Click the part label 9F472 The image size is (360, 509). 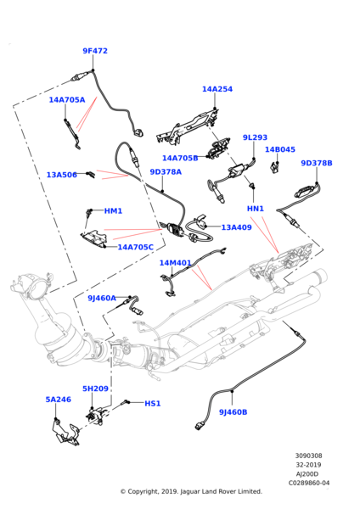(x=95, y=51)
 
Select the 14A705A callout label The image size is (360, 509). (x=67, y=99)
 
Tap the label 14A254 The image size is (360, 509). (x=217, y=89)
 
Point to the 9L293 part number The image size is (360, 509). (x=255, y=137)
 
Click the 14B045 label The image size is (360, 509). (x=280, y=149)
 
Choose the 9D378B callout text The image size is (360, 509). (x=317, y=163)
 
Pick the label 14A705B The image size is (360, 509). (x=180, y=158)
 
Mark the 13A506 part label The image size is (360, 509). (x=61, y=175)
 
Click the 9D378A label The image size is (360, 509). (x=166, y=172)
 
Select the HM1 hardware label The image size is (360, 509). (x=113, y=210)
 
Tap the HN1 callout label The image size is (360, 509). (x=256, y=209)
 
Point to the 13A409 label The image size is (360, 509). (x=236, y=227)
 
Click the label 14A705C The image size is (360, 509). (x=136, y=247)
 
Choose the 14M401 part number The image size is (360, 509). (x=176, y=263)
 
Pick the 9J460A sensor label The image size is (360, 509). (x=102, y=298)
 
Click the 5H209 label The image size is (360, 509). (x=95, y=389)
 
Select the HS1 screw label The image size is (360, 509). (x=152, y=404)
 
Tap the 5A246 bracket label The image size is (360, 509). (x=59, y=399)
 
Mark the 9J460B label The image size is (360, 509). (x=233, y=412)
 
